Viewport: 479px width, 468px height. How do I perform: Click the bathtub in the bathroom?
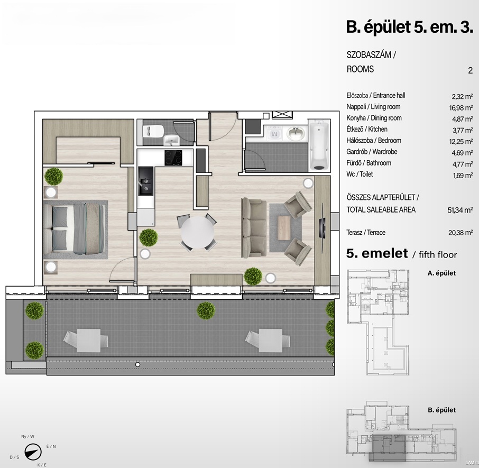click(x=319, y=145)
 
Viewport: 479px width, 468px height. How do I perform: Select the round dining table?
click(x=197, y=233)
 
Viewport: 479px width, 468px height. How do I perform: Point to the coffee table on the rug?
click(x=284, y=227)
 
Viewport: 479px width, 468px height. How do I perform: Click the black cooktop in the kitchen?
click(x=173, y=158)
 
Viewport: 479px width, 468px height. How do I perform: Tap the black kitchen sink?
click(x=146, y=181)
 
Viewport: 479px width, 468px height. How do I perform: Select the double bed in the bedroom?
click(x=75, y=229)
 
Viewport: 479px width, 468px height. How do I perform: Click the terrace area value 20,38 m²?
click(x=460, y=233)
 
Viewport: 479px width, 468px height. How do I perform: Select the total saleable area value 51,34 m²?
click(x=460, y=210)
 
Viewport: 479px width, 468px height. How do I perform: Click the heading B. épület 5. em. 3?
click(x=409, y=27)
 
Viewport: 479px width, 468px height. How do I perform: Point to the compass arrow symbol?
click(x=33, y=452)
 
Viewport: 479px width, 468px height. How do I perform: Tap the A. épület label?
click(x=441, y=273)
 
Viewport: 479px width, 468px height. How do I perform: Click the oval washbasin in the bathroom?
click(x=296, y=133)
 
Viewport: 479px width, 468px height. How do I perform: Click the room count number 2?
click(x=470, y=70)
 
